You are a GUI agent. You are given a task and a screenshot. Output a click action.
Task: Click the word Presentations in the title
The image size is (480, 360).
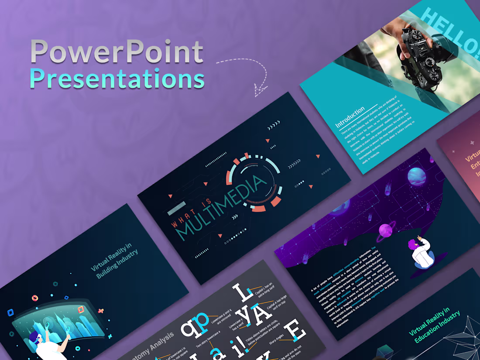pyautogui.click(x=117, y=79)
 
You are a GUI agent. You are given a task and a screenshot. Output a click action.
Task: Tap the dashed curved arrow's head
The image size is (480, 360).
pyautogui.click(x=261, y=91)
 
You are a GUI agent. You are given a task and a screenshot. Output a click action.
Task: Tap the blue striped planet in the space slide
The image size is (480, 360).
pyautogui.click(x=417, y=177)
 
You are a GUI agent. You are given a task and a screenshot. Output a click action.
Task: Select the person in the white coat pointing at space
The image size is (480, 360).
pyautogui.click(x=421, y=253)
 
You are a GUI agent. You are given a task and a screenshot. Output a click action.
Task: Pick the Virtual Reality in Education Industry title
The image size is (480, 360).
pyautogui.click(x=435, y=325)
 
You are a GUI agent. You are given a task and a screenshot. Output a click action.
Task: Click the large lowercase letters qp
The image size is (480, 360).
pyautogui.click(x=195, y=325)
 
